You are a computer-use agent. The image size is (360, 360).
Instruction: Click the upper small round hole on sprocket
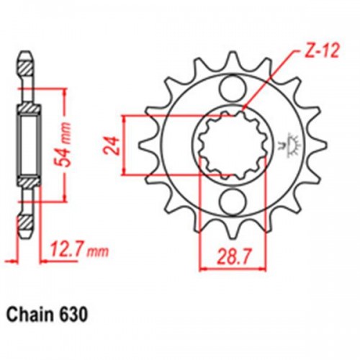click(232, 89)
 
